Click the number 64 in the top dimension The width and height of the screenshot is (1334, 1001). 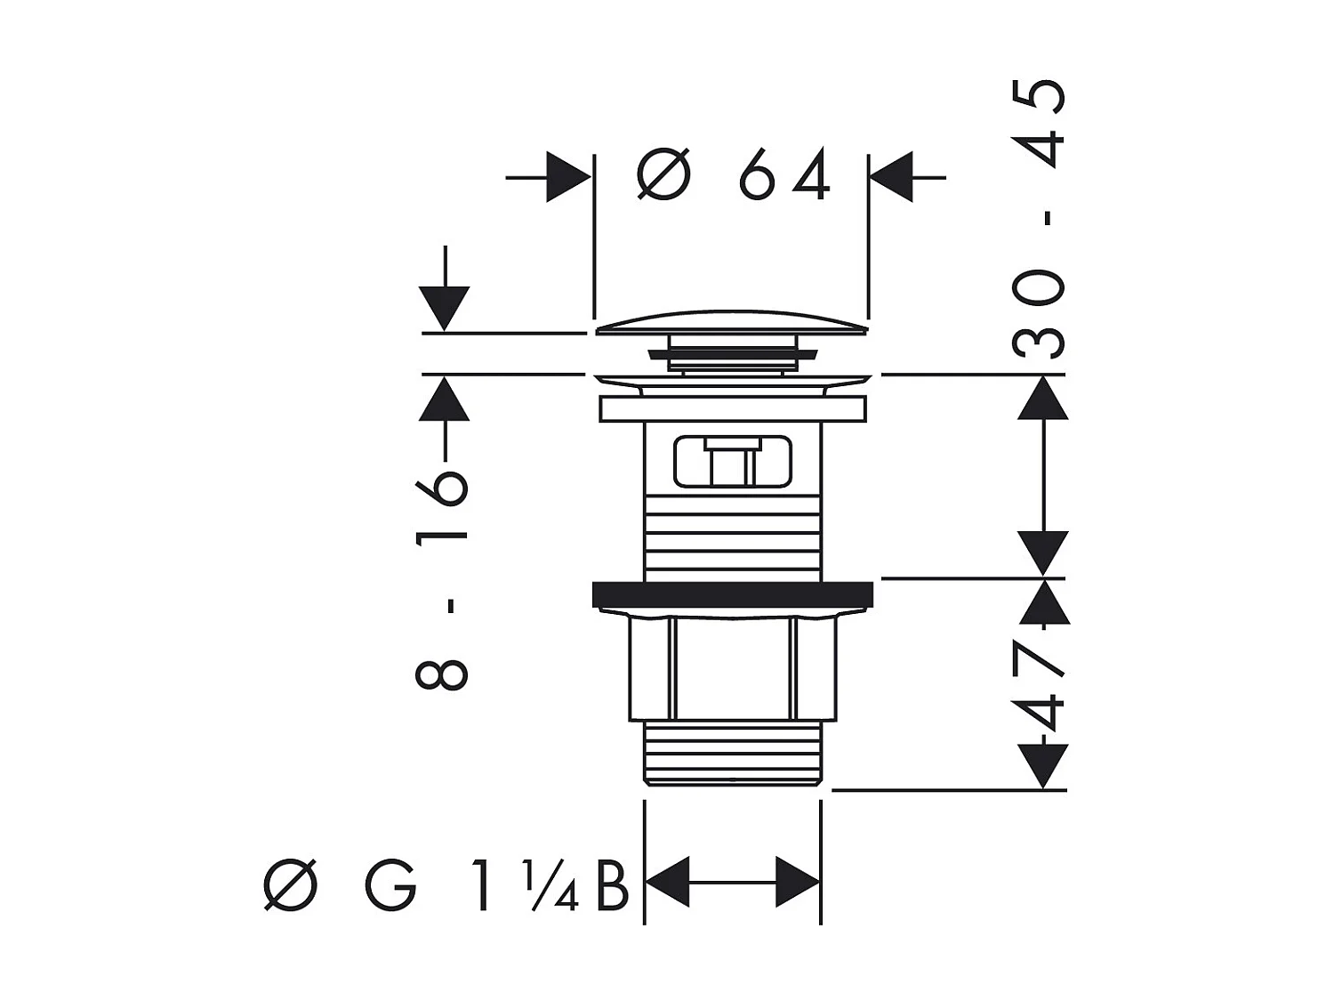tap(784, 174)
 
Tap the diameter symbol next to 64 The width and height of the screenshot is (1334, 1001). tap(663, 174)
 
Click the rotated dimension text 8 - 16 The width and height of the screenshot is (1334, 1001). tap(442, 578)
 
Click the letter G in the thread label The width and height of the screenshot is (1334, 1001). tap(390, 885)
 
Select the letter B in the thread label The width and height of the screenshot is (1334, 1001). tap(612, 885)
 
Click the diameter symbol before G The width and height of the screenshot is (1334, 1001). tap(291, 885)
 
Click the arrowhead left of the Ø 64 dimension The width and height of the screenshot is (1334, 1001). tap(567, 177)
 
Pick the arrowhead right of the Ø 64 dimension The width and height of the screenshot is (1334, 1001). tap(892, 177)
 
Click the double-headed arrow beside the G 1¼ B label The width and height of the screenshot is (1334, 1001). tap(731, 883)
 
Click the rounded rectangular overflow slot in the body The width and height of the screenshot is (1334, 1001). tap(732, 461)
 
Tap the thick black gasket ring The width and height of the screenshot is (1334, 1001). tap(731, 593)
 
